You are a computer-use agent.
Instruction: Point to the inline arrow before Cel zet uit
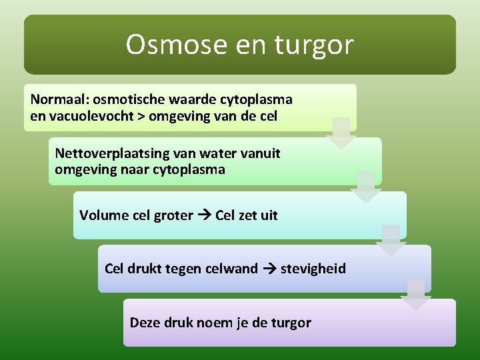[204, 215]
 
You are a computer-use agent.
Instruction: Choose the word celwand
[231, 269]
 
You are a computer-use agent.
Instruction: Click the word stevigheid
[313, 269]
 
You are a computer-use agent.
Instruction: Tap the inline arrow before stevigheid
[269, 269]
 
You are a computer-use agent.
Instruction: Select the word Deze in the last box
[144, 323]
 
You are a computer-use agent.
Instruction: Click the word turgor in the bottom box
[291, 323]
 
